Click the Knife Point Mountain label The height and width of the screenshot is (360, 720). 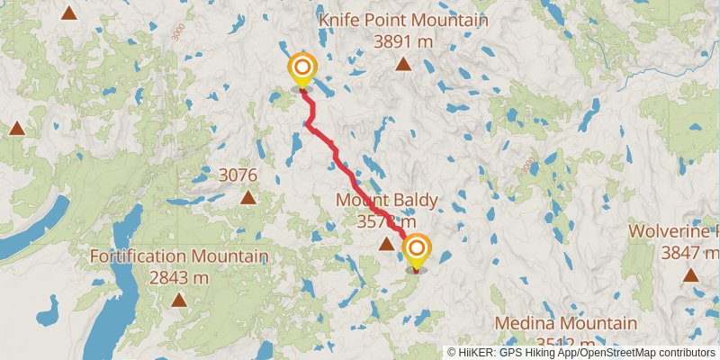(403, 21)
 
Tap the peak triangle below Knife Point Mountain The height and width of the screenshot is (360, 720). (403, 64)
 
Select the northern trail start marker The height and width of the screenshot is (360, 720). (301, 68)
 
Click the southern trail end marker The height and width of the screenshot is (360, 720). (416, 249)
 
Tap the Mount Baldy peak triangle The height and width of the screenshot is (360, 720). (386, 243)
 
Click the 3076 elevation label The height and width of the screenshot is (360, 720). (238, 175)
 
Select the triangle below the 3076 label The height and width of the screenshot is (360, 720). (247, 197)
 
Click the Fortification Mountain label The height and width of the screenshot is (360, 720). (178, 256)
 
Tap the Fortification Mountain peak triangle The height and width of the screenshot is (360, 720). (179, 300)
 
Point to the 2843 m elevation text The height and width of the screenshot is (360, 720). (178, 277)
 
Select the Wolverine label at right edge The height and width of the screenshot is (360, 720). (673, 230)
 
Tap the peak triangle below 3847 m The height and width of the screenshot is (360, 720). (690, 274)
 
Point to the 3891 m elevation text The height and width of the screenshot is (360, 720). (403, 41)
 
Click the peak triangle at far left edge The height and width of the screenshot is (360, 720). (16, 129)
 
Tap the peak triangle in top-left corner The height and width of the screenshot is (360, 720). (69, 12)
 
